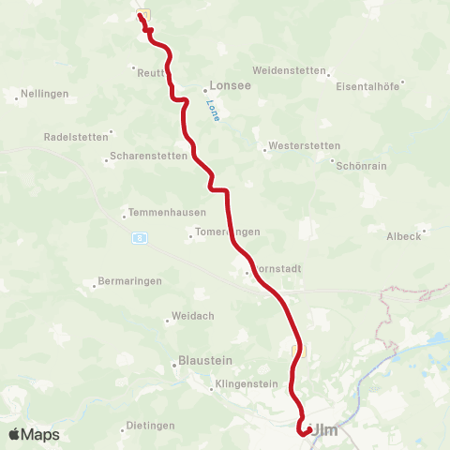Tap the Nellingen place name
(43, 94)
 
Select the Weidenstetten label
(289, 70)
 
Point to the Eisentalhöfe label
(367, 85)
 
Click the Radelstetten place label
(78, 136)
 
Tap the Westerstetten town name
(304, 145)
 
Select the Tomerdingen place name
(224, 232)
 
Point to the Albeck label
(404, 236)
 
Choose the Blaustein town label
(204, 360)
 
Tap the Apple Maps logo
(34, 434)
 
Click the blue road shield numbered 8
(138, 238)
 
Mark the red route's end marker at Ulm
(304, 431)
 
